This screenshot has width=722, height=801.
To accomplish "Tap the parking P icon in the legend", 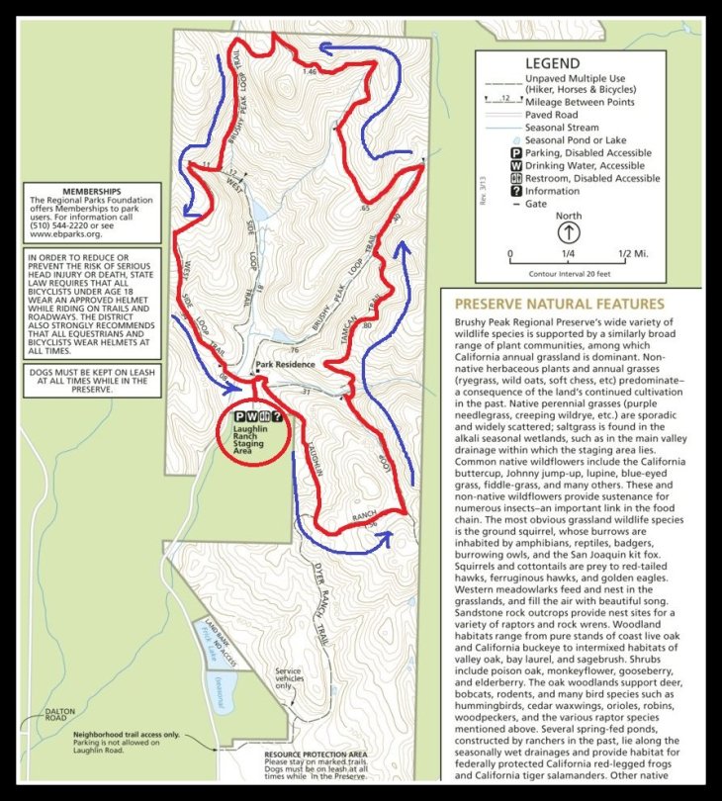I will coord(516,153).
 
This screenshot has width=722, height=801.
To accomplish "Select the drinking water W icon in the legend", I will coord(516,166).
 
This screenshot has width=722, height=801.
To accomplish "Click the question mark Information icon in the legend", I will coord(516,192).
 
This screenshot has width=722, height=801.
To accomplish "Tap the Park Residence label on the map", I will coord(285,364).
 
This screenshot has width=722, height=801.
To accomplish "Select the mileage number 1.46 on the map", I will coord(310,71).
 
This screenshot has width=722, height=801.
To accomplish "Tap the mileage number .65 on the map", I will coord(365,209).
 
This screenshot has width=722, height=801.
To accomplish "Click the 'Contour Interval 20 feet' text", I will coord(568,273).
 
